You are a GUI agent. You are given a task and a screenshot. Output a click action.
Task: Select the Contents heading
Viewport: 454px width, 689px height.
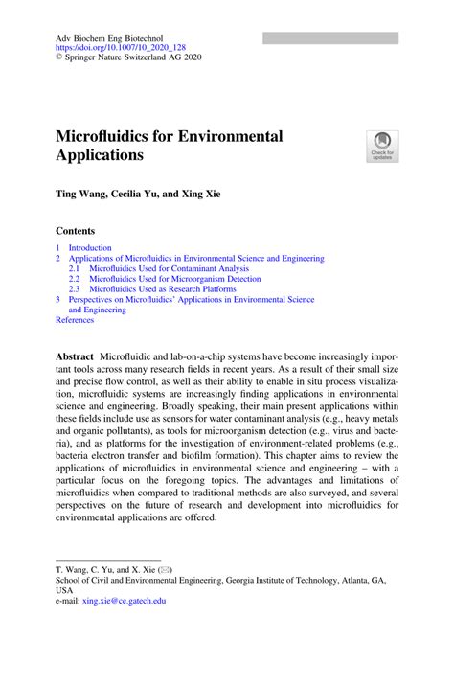coord(76,231)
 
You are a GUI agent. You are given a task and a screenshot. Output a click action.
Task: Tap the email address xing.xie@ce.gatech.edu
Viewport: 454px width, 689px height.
coord(125,601)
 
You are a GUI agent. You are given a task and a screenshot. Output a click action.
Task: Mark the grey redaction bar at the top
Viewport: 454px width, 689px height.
coord(330,37)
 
